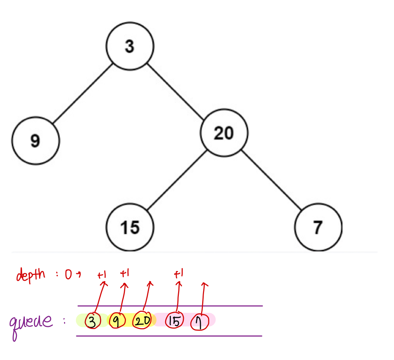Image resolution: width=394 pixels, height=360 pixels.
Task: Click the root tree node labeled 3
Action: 130,46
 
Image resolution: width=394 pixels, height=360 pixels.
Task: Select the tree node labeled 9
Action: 35,140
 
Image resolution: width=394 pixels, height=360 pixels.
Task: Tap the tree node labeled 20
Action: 224,133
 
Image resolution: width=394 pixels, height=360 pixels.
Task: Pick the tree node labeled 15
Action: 130,227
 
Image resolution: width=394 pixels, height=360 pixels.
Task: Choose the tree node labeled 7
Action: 317,227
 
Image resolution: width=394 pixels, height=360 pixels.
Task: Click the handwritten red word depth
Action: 31,275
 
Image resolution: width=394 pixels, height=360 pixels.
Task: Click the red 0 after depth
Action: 68,275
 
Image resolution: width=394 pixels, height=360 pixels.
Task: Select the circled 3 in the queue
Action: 92,321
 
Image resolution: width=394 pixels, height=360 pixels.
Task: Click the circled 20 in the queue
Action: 143,321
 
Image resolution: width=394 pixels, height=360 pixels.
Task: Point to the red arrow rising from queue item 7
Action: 203,299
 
